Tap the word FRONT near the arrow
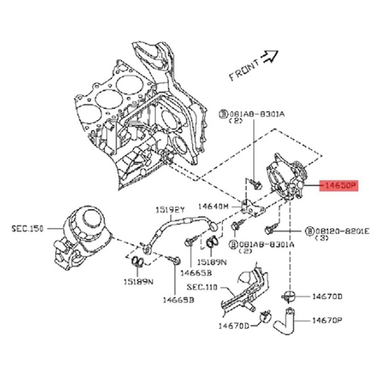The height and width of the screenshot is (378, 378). pyautogui.click(x=244, y=69)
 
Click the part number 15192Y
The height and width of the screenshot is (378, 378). pyautogui.click(x=171, y=209)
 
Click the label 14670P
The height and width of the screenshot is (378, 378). pyautogui.click(x=327, y=320)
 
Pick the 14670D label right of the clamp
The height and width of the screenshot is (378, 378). pyautogui.click(x=327, y=297)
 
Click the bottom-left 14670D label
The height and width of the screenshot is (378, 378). pyautogui.click(x=234, y=326)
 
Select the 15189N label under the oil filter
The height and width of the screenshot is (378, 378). pyautogui.click(x=138, y=281)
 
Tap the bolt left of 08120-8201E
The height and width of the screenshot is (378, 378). pyautogui.click(x=269, y=230)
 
